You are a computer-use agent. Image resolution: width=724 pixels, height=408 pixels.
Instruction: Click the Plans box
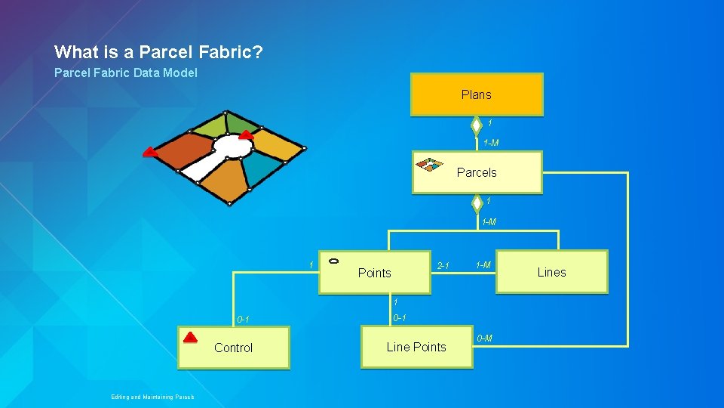(x=476, y=94)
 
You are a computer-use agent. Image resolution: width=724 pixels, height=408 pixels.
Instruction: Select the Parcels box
(x=477, y=172)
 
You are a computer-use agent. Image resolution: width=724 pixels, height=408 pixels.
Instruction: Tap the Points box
(x=375, y=272)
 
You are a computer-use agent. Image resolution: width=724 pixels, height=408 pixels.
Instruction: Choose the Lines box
(x=551, y=272)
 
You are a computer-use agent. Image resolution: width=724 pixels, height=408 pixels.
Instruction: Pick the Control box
(x=233, y=348)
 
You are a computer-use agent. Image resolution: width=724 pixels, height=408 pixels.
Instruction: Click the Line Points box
(x=416, y=347)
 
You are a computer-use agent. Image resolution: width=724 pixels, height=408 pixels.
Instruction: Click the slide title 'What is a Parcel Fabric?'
(x=158, y=52)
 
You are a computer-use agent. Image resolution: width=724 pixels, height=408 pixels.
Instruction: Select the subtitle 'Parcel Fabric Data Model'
(x=126, y=73)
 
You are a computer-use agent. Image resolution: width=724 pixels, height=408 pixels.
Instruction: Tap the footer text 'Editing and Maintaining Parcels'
(x=152, y=397)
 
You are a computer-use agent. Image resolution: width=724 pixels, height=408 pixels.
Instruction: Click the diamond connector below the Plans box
(x=476, y=124)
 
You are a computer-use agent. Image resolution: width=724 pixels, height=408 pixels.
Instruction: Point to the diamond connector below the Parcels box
(x=476, y=202)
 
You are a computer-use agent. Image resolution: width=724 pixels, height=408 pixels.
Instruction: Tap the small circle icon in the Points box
(x=335, y=261)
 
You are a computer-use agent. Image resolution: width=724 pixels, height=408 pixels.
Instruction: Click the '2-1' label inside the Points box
(x=443, y=266)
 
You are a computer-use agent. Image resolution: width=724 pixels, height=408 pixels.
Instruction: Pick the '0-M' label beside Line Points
(x=485, y=338)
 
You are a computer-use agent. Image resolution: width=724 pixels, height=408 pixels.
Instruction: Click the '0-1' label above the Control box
(x=243, y=320)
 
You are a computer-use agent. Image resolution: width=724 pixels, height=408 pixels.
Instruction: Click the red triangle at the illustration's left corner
(x=150, y=152)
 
